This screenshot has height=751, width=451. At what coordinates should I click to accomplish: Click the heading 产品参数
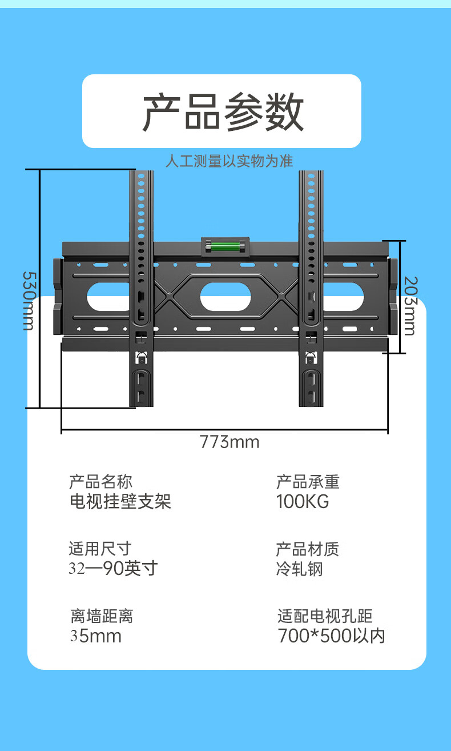tap(223, 112)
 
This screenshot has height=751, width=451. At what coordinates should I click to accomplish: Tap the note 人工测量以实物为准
tap(229, 161)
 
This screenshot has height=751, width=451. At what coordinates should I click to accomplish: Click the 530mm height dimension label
tap(29, 300)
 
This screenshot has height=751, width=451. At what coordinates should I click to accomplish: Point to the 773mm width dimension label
tap(229, 442)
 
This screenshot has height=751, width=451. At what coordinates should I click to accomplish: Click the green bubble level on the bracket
tap(225, 247)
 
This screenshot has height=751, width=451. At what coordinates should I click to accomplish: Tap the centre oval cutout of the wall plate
tap(225, 297)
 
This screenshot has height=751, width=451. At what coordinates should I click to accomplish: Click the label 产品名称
tap(100, 481)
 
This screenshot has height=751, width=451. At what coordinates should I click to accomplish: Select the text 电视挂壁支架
tap(120, 502)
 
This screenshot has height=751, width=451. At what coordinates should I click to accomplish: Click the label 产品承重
tap(308, 481)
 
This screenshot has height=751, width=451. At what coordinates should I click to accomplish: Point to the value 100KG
tap(303, 502)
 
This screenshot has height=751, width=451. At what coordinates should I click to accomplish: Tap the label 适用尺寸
tap(100, 549)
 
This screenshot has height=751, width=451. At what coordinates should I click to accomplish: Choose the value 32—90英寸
tap(113, 569)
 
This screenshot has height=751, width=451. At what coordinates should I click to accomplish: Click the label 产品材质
tap(308, 549)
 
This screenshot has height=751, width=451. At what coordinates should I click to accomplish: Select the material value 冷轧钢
tap(300, 569)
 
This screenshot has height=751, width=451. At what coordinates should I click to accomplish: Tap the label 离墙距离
tap(102, 616)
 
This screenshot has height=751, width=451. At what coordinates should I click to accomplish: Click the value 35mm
tap(96, 636)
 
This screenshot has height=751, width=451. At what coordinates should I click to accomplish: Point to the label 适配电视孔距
tap(325, 616)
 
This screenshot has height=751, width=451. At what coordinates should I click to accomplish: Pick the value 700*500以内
tap(331, 636)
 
